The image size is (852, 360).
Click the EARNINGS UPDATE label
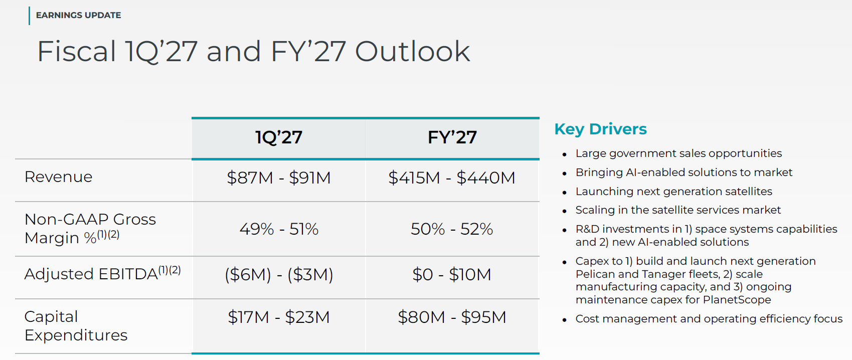tap(78, 15)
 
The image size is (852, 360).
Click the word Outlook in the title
tap(412, 51)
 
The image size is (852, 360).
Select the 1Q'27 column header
tap(278, 137)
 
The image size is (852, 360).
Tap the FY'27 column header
tap(452, 137)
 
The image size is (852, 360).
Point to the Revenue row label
tap(58, 177)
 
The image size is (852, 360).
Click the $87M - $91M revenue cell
tap(279, 177)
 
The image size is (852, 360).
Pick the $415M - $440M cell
tap(452, 177)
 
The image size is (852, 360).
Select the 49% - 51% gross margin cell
tap(279, 229)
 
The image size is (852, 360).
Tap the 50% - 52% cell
tap(452, 229)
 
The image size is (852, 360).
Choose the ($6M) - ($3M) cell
tap(279, 274)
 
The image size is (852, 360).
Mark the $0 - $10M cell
tap(452, 274)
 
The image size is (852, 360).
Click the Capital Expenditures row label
tap(76, 326)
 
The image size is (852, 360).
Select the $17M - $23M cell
tap(279, 317)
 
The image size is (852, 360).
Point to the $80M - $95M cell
tap(452, 317)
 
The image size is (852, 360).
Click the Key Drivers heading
tap(600, 129)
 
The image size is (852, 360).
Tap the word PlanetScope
tap(737, 299)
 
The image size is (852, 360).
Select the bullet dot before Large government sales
tap(565, 155)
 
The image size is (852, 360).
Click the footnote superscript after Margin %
tap(108, 235)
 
